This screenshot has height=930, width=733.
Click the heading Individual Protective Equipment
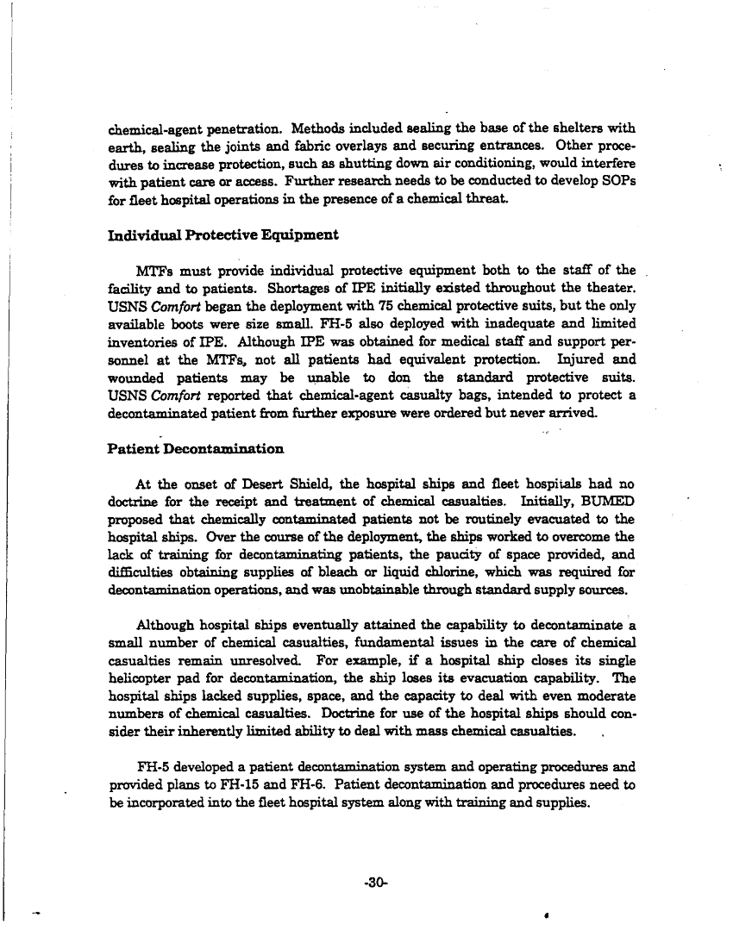click(222, 234)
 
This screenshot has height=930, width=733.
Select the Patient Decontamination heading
click(195, 449)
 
